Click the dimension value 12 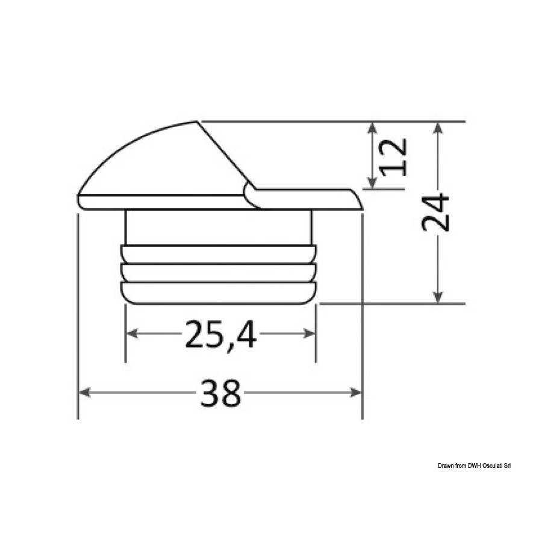point(393,157)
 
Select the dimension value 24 point(435,213)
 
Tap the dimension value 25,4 point(220,334)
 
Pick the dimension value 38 point(220,393)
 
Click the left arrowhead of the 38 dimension point(85,392)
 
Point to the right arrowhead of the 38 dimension point(356,392)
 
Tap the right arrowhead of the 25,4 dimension point(309,334)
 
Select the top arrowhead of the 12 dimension point(372,128)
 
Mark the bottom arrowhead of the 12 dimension point(372,182)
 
